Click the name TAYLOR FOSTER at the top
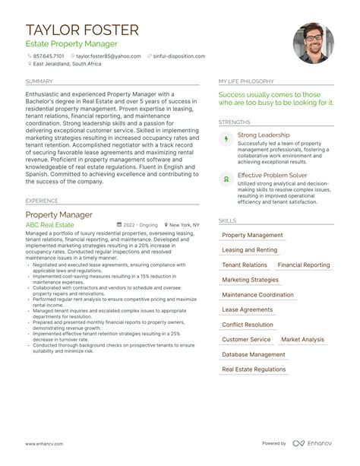pos(82,30)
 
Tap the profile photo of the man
pos(312,43)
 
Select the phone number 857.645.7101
pos(49,55)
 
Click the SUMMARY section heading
pos(39,81)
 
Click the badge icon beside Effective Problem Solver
pos(225,179)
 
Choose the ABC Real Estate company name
pos(50,225)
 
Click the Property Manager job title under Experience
pos(59,214)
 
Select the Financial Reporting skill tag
pos(304,265)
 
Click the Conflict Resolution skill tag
pos(248,325)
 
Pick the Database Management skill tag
pos(254,354)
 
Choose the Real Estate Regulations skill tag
pos(255,369)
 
